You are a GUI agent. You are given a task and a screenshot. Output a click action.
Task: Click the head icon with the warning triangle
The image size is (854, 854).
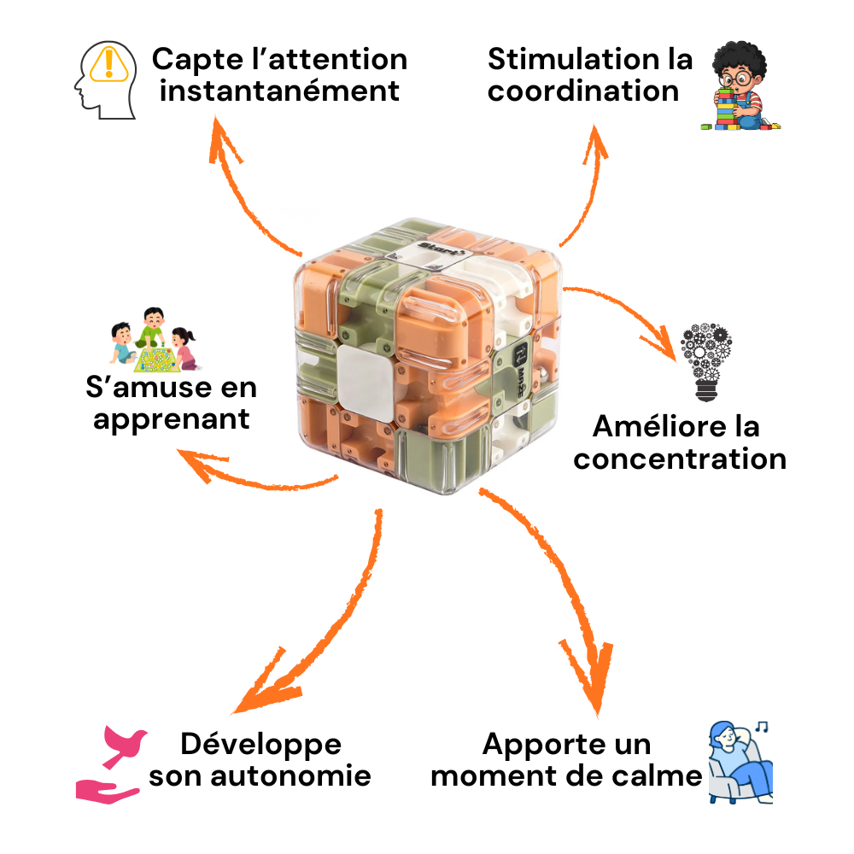click(105, 79)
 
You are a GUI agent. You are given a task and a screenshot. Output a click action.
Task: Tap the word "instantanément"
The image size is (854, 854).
click(279, 91)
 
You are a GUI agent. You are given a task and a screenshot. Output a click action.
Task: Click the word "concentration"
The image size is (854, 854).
click(679, 459)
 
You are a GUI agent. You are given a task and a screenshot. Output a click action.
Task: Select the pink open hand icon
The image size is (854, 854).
click(106, 789)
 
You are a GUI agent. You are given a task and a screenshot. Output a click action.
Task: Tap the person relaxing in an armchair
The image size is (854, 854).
click(739, 764)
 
